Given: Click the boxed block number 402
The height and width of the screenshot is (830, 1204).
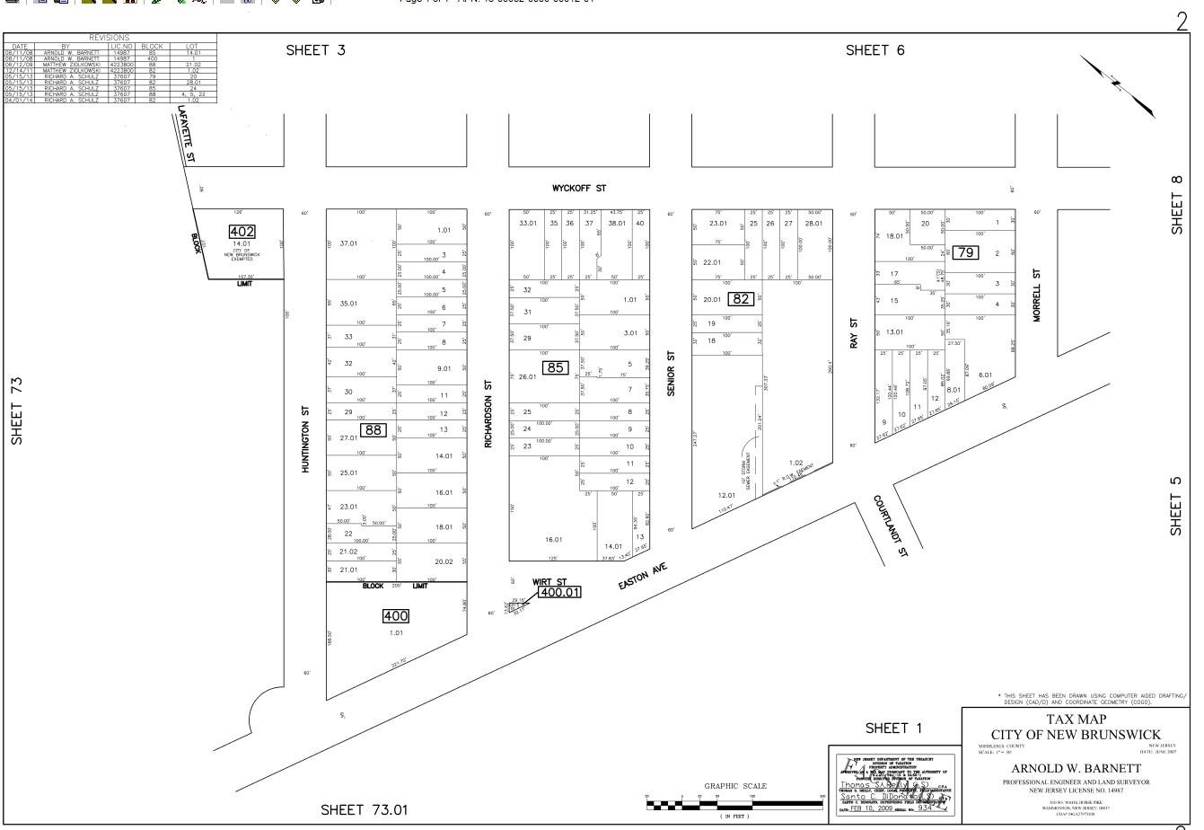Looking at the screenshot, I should [x=242, y=232].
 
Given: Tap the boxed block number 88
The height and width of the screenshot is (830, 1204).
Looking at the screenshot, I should [x=374, y=430].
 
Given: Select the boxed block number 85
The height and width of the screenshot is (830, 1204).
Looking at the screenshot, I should [x=556, y=367].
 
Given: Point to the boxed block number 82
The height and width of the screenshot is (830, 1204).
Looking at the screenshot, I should [x=741, y=299].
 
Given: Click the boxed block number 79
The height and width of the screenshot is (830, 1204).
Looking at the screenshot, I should [x=965, y=252].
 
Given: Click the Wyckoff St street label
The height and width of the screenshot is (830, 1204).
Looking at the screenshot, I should [x=579, y=189].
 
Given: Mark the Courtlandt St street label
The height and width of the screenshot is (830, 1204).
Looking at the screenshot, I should [x=891, y=525].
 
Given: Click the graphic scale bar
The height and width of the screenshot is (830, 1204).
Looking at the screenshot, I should [x=734, y=803].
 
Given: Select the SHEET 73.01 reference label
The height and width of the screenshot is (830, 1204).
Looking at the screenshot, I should [x=370, y=811].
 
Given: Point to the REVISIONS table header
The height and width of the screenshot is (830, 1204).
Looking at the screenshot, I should [x=111, y=38].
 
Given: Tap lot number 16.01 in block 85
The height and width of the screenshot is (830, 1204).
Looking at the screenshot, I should [x=553, y=540].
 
